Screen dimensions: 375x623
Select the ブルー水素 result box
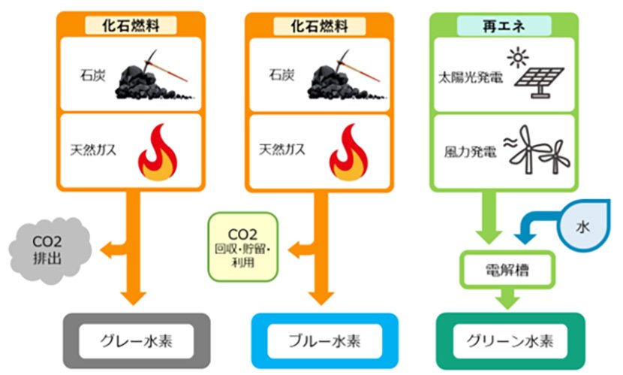(324, 340)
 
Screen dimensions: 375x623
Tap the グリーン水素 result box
(510, 340)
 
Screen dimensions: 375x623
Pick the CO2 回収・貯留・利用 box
(242, 246)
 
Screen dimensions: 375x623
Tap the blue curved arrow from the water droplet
(537, 224)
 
